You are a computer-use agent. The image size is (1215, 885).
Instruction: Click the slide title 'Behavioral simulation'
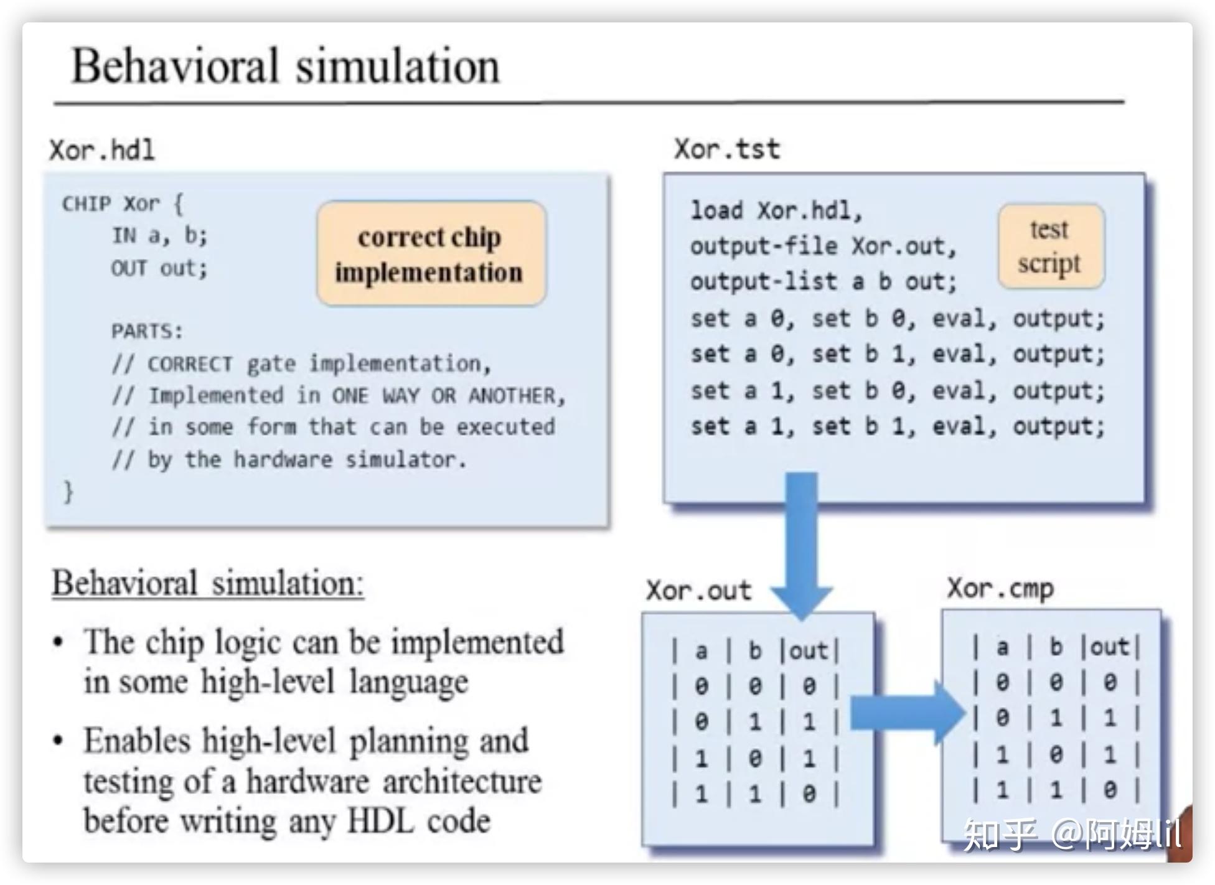click(x=286, y=66)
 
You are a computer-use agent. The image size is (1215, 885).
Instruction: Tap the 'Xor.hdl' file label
click(x=102, y=150)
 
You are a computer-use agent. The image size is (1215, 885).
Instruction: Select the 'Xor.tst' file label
click(x=727, y=149)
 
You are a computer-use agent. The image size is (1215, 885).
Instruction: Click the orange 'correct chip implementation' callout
click(x=431, y=253)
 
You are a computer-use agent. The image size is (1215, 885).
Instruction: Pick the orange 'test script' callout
click(x=1051, y=246)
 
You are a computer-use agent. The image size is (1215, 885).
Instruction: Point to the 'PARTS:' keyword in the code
click(x=148, y=330)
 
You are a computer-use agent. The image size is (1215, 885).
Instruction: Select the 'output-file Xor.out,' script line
click(x=823, y=246)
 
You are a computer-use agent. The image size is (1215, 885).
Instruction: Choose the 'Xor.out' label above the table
click(x=699, y=590)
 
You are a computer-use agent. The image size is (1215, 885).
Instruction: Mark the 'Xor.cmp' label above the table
click(x=1000, y=588)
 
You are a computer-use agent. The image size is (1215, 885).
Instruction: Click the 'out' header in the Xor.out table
click(x=809, y=650)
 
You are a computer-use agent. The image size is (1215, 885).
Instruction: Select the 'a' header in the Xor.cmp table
click(x=1002, y=647)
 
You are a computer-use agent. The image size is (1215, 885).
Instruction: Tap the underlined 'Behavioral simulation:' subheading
click(x=208, y=583)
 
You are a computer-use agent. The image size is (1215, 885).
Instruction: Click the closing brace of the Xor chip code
click(x=68, y=491)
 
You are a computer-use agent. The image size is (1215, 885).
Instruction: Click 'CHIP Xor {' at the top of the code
click(x=123, y=204)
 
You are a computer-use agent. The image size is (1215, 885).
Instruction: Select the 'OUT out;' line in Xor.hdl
click(x=159, y=268)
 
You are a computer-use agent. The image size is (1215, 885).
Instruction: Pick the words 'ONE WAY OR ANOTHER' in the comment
click(x=443, y=395)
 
